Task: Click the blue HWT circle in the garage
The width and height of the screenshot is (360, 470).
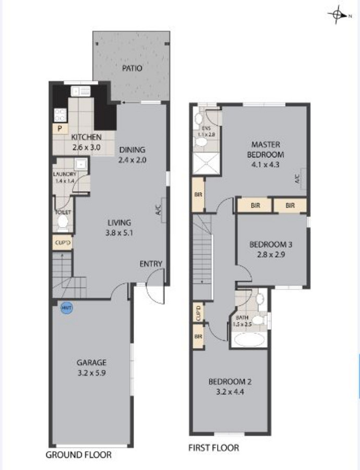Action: coord(66,309)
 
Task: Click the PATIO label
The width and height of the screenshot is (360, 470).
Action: coord(132,68)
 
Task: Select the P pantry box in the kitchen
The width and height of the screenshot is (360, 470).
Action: coord(60,127)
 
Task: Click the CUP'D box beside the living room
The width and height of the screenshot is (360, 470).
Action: coord(62,243)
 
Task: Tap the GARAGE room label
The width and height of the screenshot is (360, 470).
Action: coord(91,362)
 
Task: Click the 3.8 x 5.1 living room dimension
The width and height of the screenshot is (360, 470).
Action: coord(119,233)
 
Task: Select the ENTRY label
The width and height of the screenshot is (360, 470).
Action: coord(151,264)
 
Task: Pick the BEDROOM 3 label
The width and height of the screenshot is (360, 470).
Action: coord(267,244)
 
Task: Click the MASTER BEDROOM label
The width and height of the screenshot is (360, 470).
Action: coord(267,149)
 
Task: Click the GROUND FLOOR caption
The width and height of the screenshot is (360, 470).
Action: coord(78,455)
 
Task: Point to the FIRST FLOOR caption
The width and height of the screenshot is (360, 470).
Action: coord(213,448)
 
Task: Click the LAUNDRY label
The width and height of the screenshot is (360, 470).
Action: coord(65,174)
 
